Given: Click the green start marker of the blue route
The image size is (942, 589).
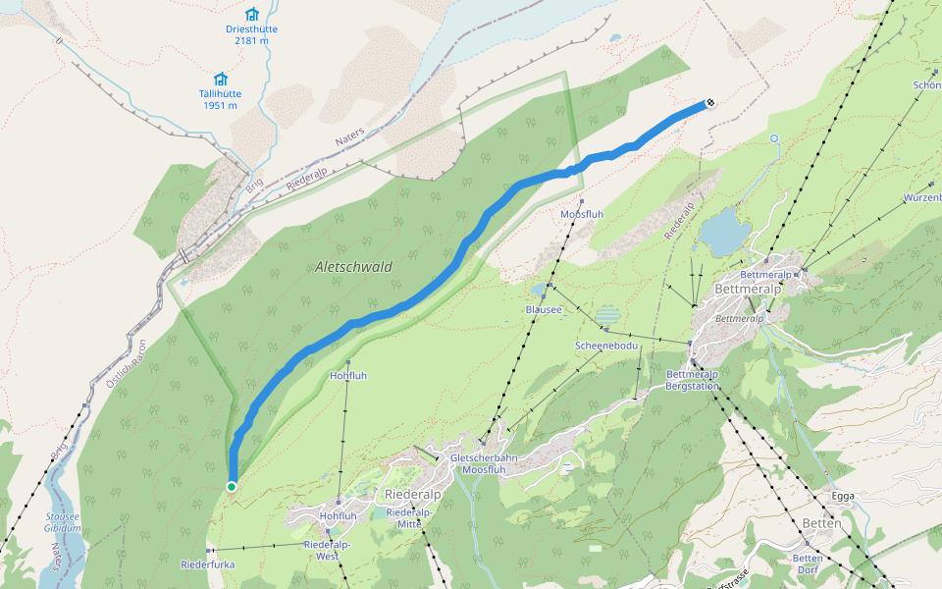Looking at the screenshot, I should click(x=232, y=487).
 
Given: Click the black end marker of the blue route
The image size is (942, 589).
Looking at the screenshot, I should click(x=709, y=102).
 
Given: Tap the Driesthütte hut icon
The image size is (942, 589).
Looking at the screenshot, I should click(x=251, y=14).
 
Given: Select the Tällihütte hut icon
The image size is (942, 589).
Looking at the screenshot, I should click(x=220, y=79).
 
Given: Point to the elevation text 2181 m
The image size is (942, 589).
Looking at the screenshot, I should click(x=251, y=41).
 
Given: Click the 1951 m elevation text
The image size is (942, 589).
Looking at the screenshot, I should click(x=220, y=106).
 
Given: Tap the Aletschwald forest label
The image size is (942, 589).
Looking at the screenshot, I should click(x=354, y=267).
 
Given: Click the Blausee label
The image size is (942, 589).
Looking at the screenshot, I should click(x=544, y=309).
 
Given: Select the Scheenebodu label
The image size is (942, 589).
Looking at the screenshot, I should click(x=606, y=347).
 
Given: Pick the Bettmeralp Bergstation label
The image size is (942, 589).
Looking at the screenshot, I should click(x=693, y=380).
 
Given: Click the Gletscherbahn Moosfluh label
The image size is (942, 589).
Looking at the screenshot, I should click(x=483, y=464).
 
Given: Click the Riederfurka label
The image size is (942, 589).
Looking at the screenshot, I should click(x=208, y=564).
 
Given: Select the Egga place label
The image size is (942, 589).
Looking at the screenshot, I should click(x=843, y=496).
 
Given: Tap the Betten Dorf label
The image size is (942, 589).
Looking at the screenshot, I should click(x=806, y=563).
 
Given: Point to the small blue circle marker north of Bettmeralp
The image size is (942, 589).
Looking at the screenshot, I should click(x=773, y=138).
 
